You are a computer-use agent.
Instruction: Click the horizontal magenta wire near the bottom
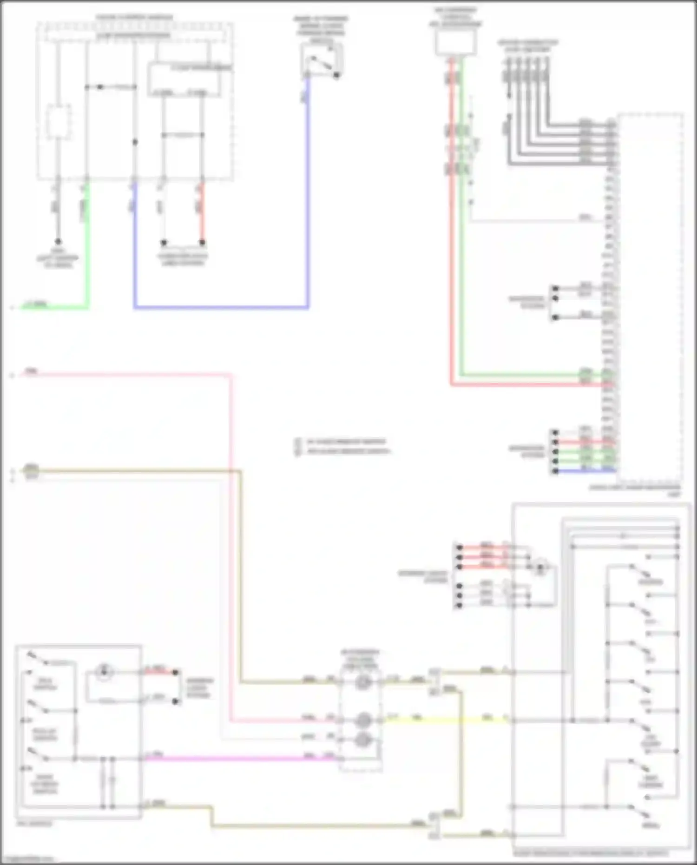232,759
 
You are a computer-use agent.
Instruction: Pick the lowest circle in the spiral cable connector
362,739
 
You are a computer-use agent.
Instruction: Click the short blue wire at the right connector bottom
585,471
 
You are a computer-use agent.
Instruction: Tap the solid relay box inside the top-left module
189,80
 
